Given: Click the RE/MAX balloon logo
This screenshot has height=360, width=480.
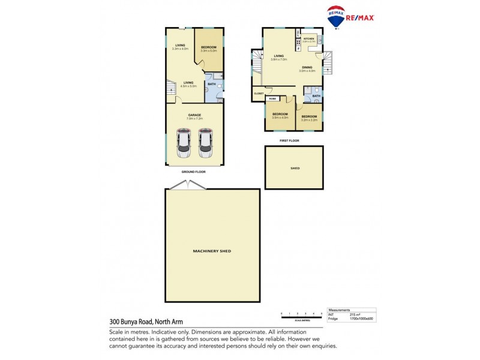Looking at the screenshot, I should [335, 17].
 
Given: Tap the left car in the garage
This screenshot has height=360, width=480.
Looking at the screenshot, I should [184, 143].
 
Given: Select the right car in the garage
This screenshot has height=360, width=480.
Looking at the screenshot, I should [205, 143].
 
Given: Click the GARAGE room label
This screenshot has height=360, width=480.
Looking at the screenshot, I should [194, 115].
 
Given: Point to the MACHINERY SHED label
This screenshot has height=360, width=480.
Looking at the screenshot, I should [212, 251].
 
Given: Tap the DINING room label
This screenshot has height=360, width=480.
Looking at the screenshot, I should [307, 67].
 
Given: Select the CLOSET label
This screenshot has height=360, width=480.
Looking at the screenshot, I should [259, 94].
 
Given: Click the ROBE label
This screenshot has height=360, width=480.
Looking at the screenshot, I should [272, 98].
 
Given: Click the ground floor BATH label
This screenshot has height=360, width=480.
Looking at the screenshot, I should [212, 84].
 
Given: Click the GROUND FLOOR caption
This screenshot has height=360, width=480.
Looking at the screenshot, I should [194, 172].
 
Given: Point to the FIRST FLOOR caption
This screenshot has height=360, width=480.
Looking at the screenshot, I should [289, 140].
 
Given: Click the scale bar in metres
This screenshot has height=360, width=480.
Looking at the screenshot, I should [302, 314].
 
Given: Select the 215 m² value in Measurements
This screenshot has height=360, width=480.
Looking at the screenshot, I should [355, 314].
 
